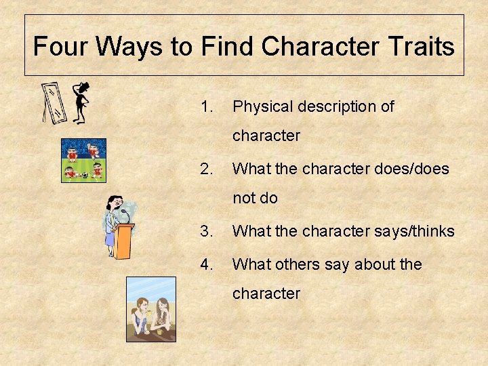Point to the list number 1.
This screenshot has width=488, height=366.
[207, 106]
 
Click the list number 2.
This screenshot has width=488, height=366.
[207, 169]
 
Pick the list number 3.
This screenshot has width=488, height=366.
[207, 231]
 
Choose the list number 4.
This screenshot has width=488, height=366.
[207, 264]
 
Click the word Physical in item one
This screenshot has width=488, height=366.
[262, 106]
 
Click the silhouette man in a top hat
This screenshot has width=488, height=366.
[81, 102]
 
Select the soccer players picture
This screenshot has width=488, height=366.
[83, 161]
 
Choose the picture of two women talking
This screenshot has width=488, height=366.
[150, 309]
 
